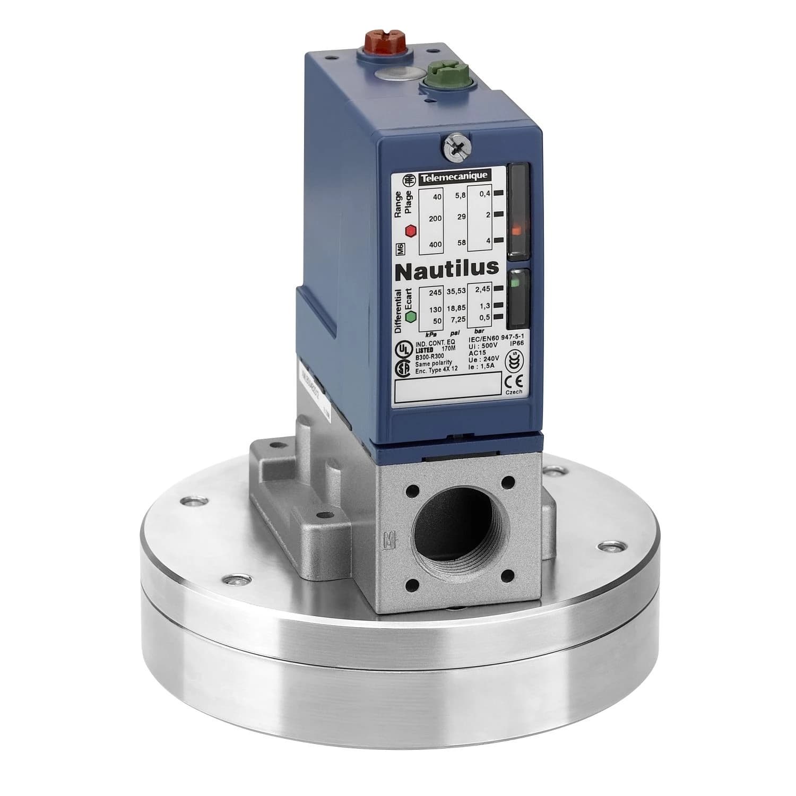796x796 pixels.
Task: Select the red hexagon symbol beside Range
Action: [410, 231]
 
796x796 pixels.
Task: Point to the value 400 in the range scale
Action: [435, 244]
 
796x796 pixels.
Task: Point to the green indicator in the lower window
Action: [514, 283]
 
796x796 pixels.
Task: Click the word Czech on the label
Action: [514, 392]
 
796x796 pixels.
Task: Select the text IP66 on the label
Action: [515, 344]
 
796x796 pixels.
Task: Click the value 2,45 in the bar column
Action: [482, 290]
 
